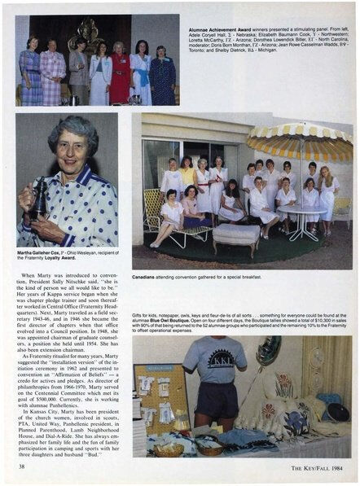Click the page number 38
22,467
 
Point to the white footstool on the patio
235,237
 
